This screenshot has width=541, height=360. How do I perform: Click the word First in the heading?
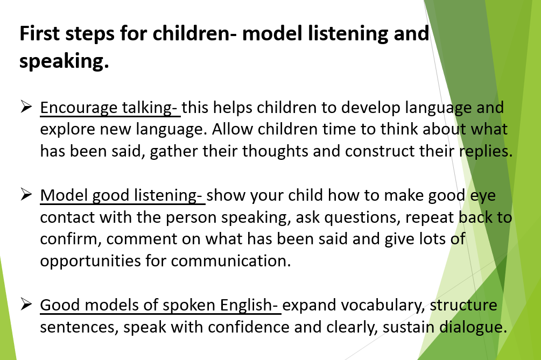39,33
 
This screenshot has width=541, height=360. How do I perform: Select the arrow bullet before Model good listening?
26,194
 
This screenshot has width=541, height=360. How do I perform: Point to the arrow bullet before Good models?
26,304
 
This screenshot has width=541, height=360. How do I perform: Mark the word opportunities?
90,262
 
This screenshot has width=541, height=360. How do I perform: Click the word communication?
231,261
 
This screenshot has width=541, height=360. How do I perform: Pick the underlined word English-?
249,306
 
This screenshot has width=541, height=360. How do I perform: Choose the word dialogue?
473,328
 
